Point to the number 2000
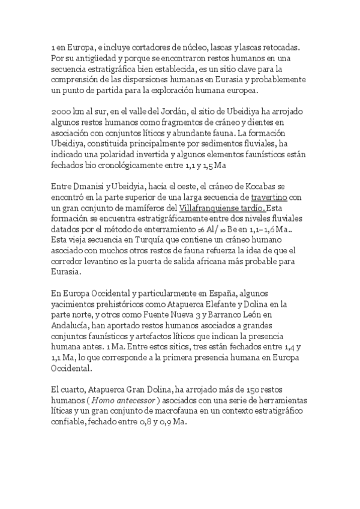tap(62, 112)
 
